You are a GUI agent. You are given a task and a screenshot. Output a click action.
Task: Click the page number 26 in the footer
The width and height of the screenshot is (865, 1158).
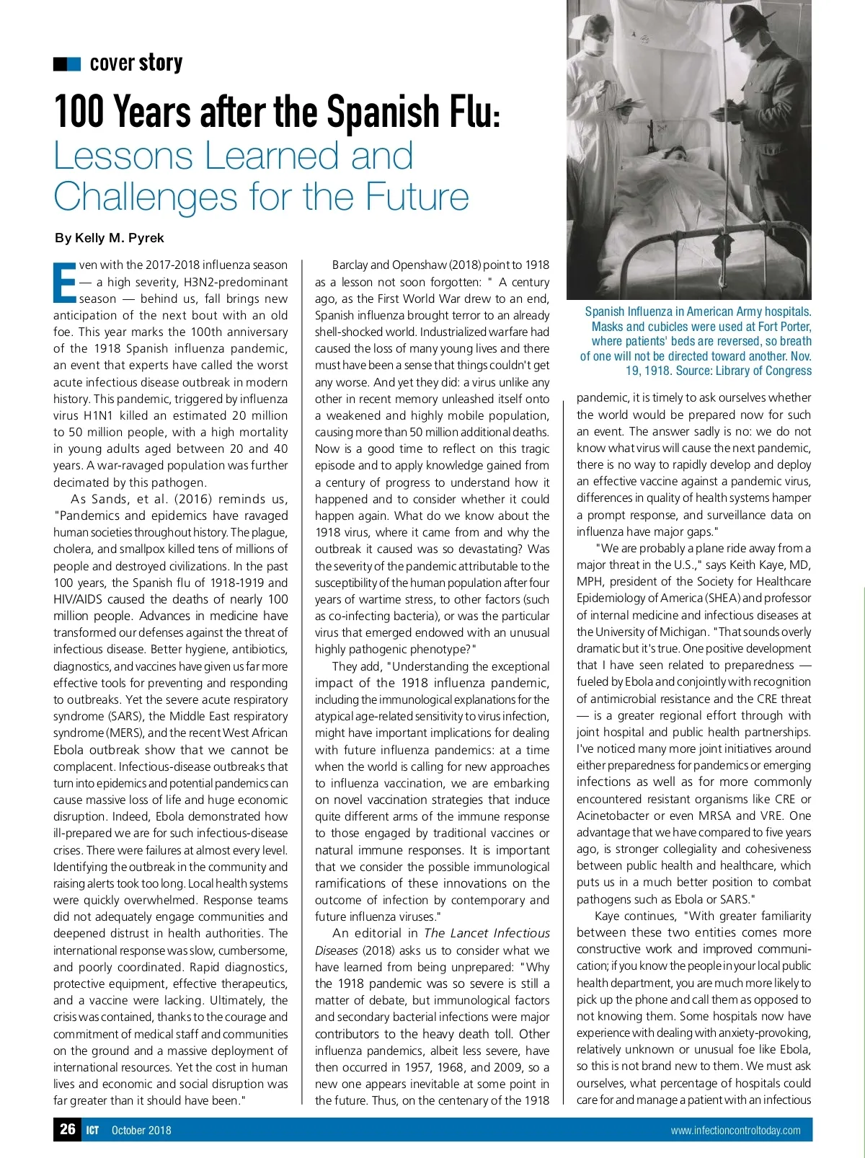pos(68,1129)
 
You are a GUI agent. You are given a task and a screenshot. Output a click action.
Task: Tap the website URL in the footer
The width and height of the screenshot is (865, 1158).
pos(735,1131)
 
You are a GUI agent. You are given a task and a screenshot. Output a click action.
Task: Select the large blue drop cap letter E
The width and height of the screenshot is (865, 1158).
pos(64,281)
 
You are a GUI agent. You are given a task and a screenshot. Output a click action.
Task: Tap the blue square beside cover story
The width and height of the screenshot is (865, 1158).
pos(73,64)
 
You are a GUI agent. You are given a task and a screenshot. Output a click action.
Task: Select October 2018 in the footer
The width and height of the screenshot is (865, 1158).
pos(141,1131)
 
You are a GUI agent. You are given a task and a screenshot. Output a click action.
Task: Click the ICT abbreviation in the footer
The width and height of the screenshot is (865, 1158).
pos(92,1131)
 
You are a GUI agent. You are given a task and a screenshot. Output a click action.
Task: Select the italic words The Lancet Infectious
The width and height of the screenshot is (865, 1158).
pos(487,933)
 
